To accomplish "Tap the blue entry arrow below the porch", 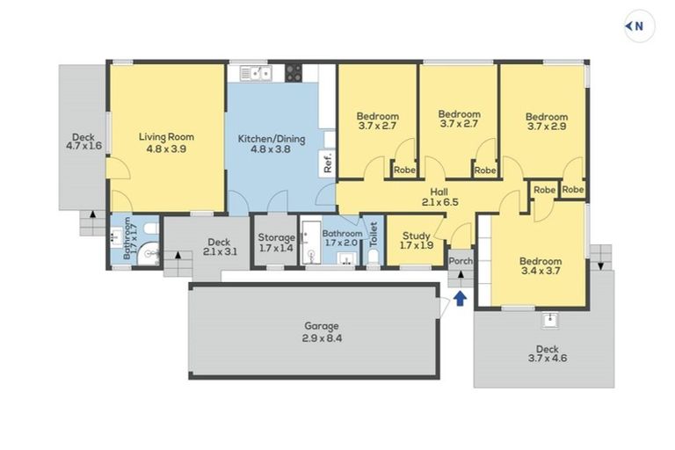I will [x=460, y=299].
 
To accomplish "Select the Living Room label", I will [x=166, y=142].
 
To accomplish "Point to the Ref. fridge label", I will [x=327, y=163].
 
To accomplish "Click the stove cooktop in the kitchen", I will [x=294, y=74].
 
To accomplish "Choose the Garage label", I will [x=321, y=331].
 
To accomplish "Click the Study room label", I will [x=415, y=239].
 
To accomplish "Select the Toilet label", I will [x=373, y=234].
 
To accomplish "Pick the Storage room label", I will [x=276, y=243].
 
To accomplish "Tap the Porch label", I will [x=461, y=261].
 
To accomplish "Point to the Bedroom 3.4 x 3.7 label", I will [x=540, y=266].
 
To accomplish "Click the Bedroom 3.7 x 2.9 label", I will [x=547, y=121].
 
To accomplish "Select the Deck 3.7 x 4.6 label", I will [x=547, y=354].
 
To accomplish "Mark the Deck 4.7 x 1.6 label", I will [x=83, y=141].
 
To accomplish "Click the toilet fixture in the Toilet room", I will [x=373, y=256].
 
